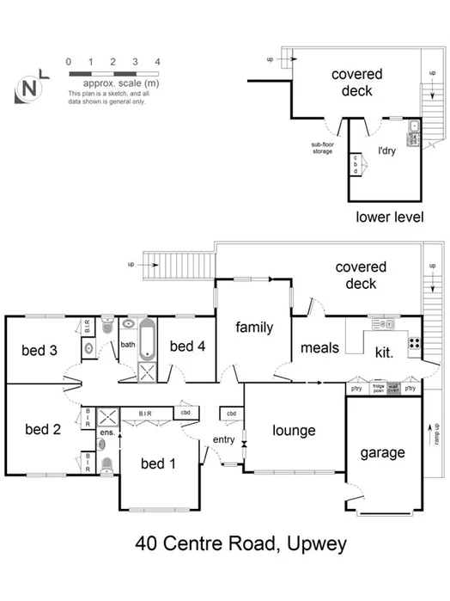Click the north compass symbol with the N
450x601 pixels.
30,88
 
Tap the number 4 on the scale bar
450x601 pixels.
157,62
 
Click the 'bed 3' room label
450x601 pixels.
40,350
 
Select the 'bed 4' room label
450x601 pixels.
186,346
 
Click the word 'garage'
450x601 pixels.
382,452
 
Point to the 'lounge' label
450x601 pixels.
295,431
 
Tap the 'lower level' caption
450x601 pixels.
389,217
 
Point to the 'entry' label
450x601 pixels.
223,440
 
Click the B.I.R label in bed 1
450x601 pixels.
145,414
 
